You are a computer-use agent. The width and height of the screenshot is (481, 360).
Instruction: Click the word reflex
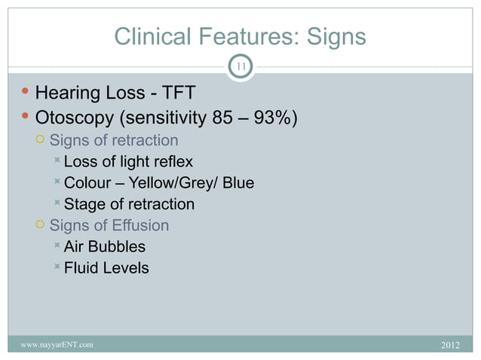pos(173,162)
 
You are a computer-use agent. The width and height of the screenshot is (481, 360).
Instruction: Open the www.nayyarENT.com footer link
pos(58,345)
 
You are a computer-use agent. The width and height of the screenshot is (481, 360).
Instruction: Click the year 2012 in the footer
pos(449,345)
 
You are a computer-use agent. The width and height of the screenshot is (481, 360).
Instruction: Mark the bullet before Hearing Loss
pos(26,93)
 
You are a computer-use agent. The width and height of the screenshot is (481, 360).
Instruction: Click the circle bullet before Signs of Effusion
pos(41,225)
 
